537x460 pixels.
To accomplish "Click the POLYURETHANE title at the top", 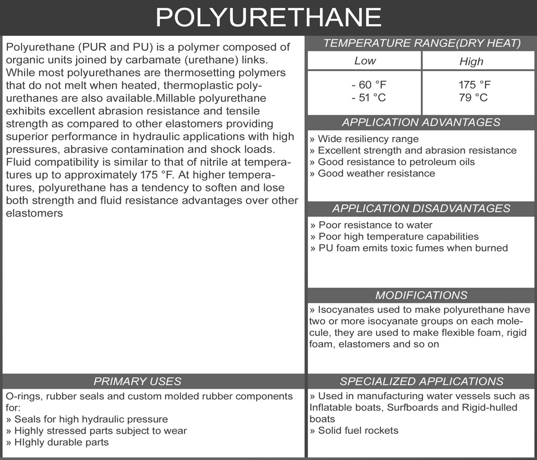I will [268, 17].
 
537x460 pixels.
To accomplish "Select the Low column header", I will [365, 61].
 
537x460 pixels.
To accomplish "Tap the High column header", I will [471, 61].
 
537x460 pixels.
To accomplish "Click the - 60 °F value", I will [369, 85].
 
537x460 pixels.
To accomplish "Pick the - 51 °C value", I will [369, 97].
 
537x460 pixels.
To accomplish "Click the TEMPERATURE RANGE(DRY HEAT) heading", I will [422, 43].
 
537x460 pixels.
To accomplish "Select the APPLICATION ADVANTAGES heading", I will [421, 123].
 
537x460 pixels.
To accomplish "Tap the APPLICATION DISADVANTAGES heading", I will [421, 209].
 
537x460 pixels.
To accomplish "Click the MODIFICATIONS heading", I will [421, 295].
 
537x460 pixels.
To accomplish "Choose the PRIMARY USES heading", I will [137, 381].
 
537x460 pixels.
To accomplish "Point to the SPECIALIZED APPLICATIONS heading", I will [421, 381].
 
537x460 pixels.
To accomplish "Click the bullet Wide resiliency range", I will [364, 139].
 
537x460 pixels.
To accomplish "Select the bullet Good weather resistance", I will [372, 173].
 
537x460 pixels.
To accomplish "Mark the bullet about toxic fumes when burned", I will [409, 248].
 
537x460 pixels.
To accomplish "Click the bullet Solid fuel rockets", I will [355, 431].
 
